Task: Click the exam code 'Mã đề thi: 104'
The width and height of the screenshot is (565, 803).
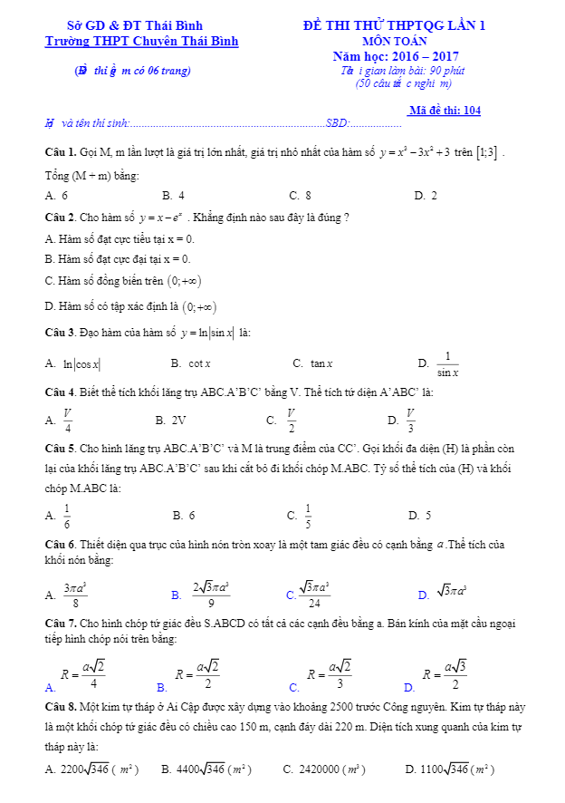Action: (445, 111)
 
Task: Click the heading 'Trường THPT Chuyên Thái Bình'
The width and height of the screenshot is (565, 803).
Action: (142, 42)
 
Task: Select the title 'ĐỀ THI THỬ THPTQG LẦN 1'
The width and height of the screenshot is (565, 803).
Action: (394, 26)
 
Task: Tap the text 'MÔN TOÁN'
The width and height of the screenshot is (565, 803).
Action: (395, 42)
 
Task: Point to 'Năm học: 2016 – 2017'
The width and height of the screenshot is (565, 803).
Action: (395, 56)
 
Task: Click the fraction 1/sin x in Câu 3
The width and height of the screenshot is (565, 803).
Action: (447, 363)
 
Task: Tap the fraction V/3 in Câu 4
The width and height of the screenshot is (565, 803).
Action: (410, 421)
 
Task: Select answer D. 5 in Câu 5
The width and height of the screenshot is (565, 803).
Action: (419, 516)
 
